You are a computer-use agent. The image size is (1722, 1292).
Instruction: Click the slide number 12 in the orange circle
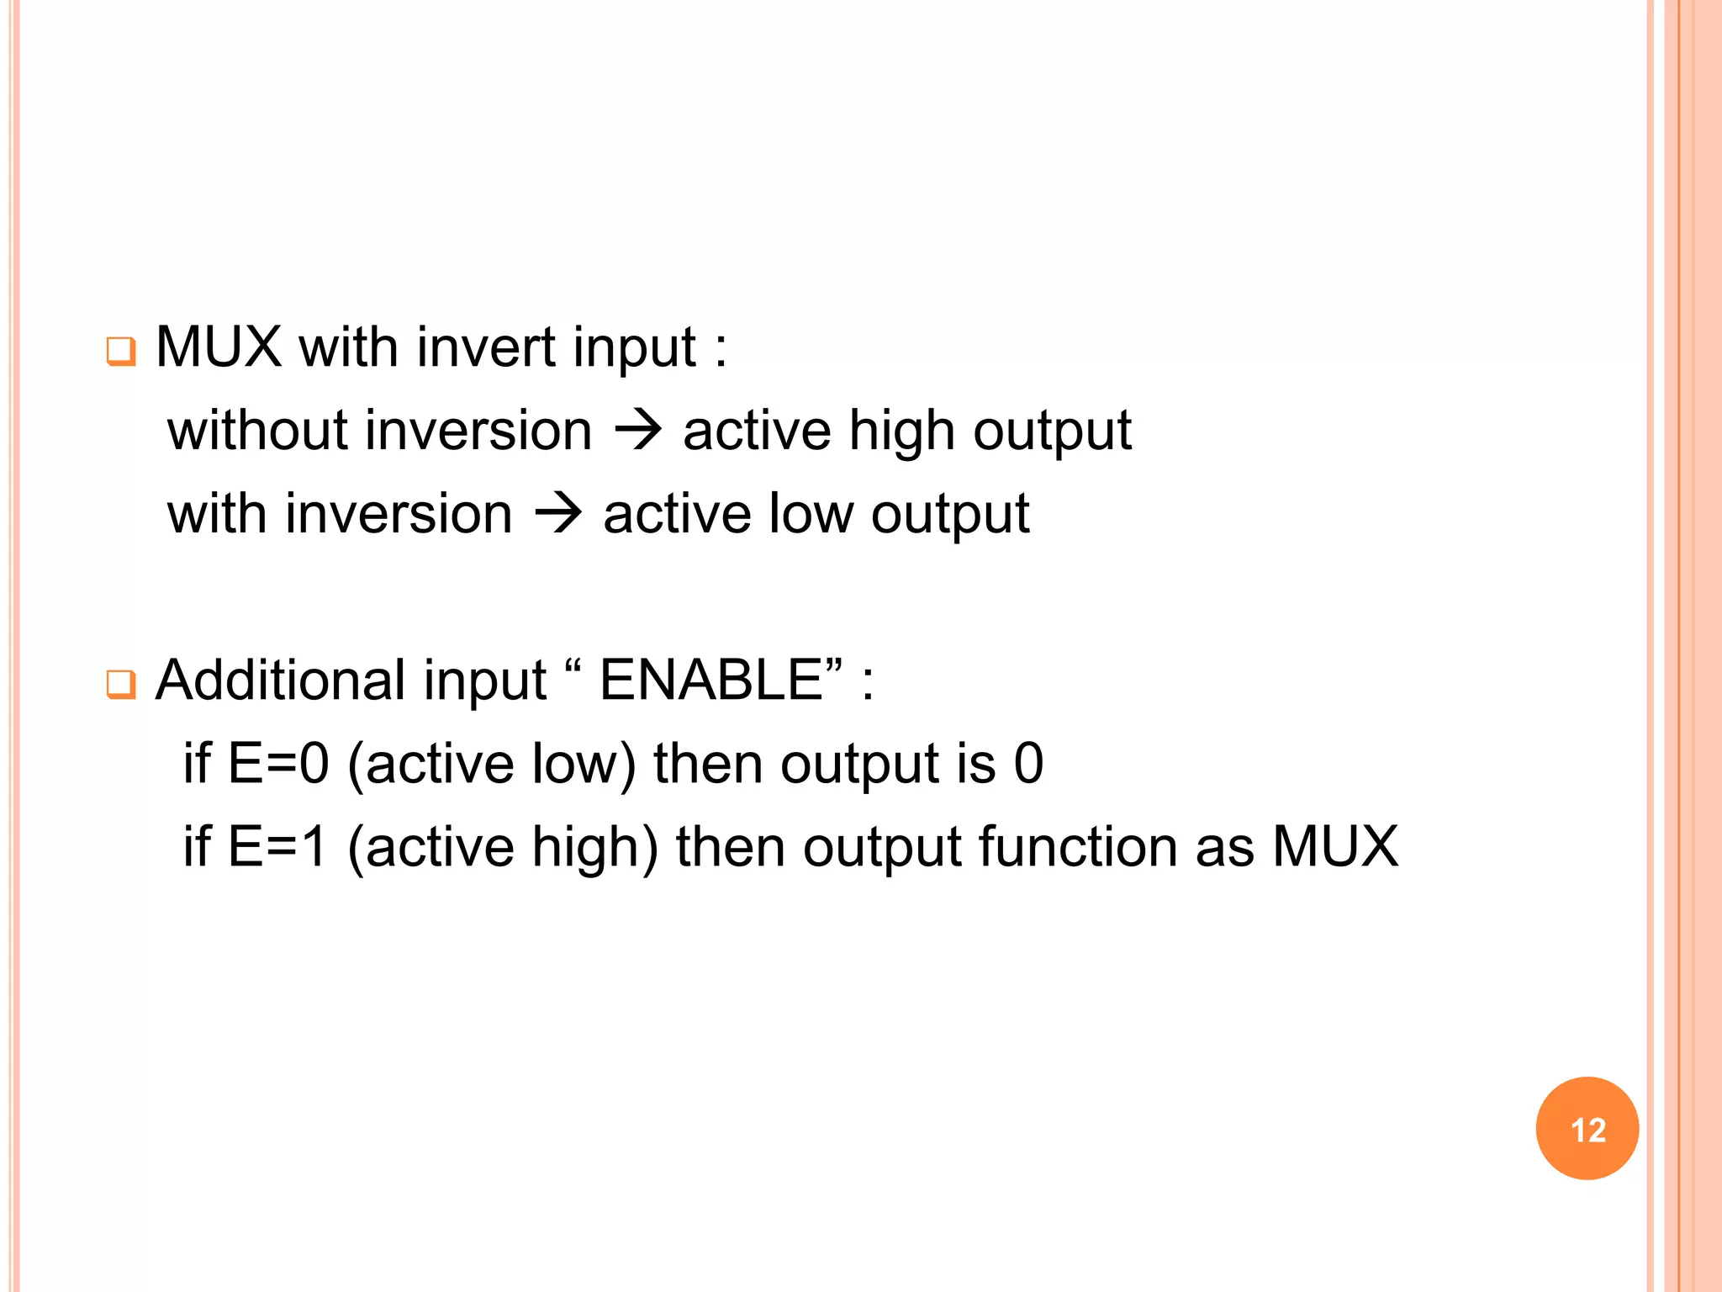click(1587, 1130)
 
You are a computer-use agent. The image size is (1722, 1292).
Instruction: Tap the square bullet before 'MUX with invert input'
click(120, 351)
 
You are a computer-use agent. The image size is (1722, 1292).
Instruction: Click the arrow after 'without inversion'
click(638, 432)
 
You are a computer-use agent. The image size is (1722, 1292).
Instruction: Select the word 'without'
click(257, 431)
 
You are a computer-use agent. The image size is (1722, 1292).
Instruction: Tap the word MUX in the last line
click(1335, 846)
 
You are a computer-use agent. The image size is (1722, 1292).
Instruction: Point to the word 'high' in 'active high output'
click(901, 431)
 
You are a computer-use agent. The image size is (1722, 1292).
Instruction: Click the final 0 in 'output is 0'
click(1028, 764)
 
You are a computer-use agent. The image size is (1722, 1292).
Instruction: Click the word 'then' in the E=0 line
click(708, 764)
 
